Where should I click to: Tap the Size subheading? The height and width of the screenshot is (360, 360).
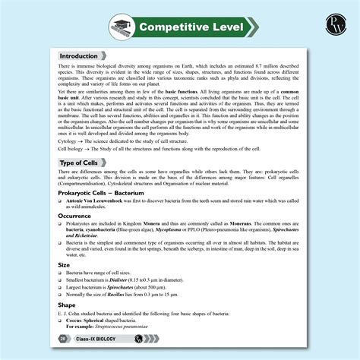pyautogui.click(x=65, y=264)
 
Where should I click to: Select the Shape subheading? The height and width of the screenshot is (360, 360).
pyautogui.click(x=68, y=305)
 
